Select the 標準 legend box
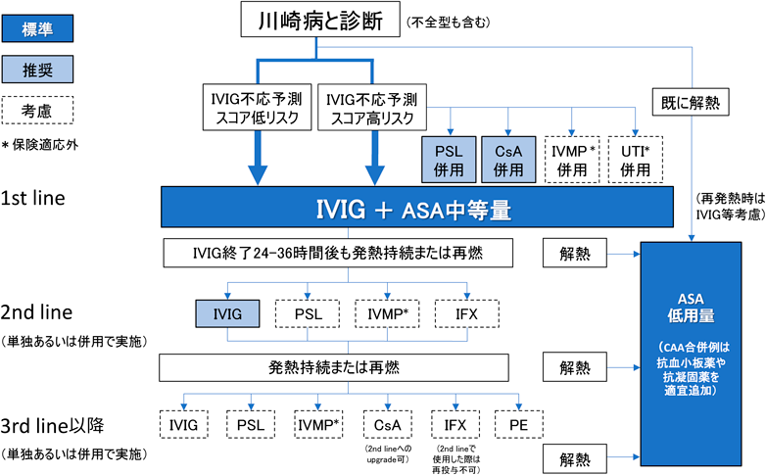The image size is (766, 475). (x=36, y=24)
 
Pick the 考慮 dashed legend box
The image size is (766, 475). (x=36, y=111)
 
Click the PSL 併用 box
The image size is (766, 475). (x=449, y=157)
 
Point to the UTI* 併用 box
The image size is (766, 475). (x=637, y=157)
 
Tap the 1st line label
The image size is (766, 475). (x=32, y=198)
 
